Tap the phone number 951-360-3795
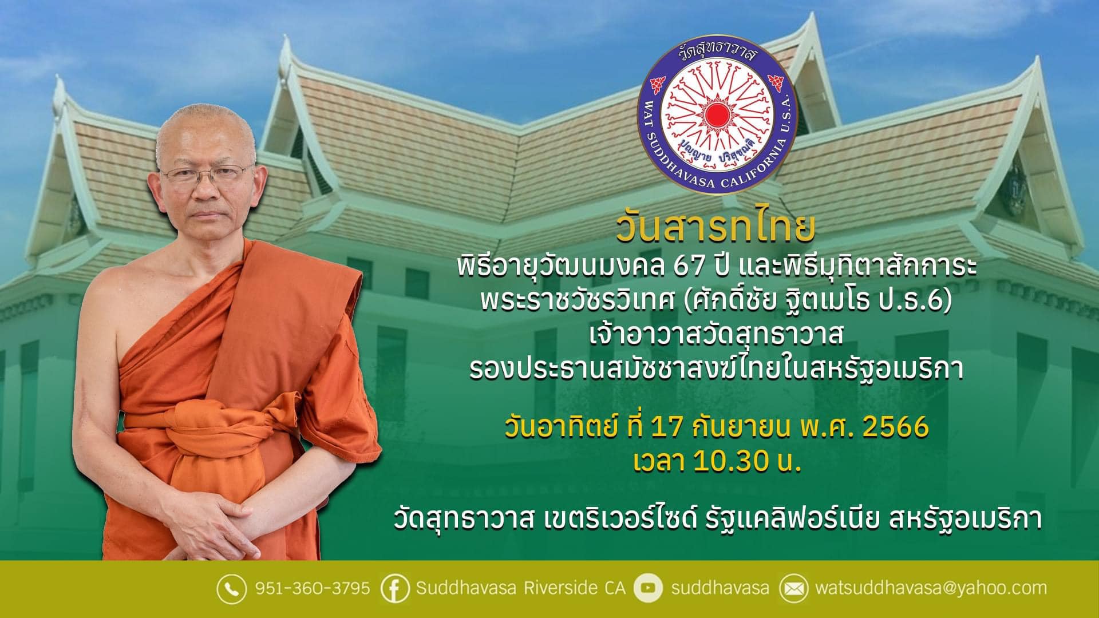(312, 588)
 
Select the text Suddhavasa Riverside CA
(521, 588)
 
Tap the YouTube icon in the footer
(648, 588)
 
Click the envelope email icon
(793, 588)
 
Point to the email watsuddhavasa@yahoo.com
(931, 588)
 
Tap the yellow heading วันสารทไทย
(715, 227)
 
